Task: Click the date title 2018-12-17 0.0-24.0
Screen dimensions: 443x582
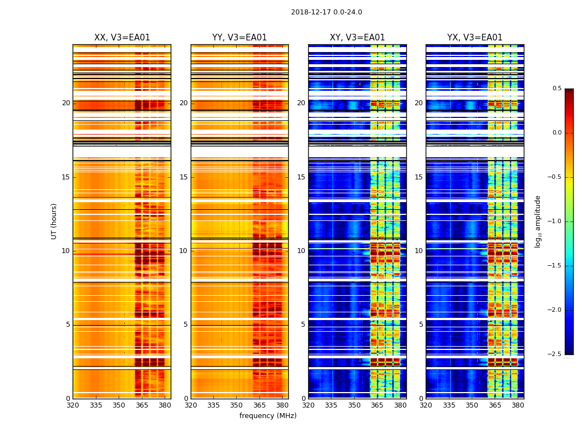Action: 326,12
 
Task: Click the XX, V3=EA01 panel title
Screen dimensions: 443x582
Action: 122,38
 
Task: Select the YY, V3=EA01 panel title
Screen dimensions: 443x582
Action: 239,38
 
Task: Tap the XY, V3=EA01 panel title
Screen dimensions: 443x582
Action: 357,38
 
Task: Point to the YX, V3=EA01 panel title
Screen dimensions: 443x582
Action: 474,38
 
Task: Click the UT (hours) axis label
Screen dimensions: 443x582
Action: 54,221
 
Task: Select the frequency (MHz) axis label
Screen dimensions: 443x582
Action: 268,416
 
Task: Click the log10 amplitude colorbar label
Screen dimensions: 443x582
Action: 538,221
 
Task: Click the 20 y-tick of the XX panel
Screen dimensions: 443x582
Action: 66,103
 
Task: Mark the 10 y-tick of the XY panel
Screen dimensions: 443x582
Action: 301,251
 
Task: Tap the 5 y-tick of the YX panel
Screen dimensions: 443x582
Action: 421,324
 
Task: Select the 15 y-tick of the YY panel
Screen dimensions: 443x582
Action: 183,177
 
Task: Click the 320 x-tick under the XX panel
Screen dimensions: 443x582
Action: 73,405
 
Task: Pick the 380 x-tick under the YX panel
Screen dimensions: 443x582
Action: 518,405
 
